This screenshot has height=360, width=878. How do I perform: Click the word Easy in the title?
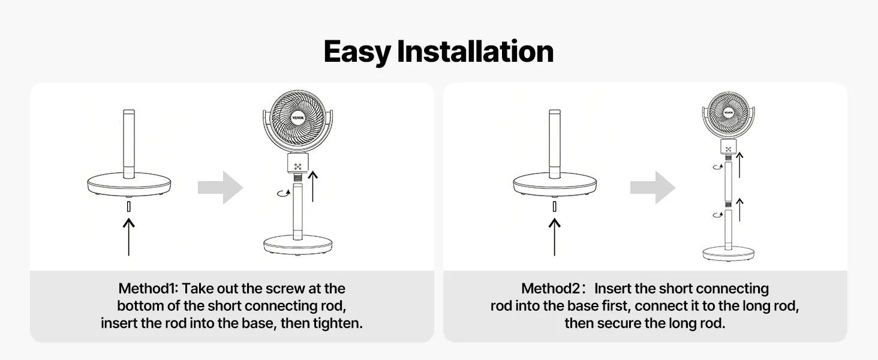coord(357,52)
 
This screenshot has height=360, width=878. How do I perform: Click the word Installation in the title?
coord(475,51)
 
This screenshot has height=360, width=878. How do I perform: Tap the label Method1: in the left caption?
coord(148,289)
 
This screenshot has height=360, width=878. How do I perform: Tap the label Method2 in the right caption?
coord(551,289)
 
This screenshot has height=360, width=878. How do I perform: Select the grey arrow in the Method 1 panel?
coord(220,187)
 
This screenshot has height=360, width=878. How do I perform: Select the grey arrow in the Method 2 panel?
coord(653,187)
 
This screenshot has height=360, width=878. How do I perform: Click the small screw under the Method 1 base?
coord(128,206)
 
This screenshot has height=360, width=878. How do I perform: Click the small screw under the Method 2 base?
coord(554,206)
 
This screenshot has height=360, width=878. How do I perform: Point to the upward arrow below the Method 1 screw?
coord(128,237)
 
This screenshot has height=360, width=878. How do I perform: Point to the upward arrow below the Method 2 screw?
coord(554,237)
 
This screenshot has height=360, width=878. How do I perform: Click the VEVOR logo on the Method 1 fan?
coord(298,118)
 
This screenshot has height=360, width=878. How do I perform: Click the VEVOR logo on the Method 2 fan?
coord(728,113)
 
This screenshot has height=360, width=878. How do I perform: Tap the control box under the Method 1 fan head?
coord(298,163)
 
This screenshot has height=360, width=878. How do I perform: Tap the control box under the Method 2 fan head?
coord(728,146)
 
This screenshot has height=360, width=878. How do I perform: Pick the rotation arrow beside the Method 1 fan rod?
coord(284,193)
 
